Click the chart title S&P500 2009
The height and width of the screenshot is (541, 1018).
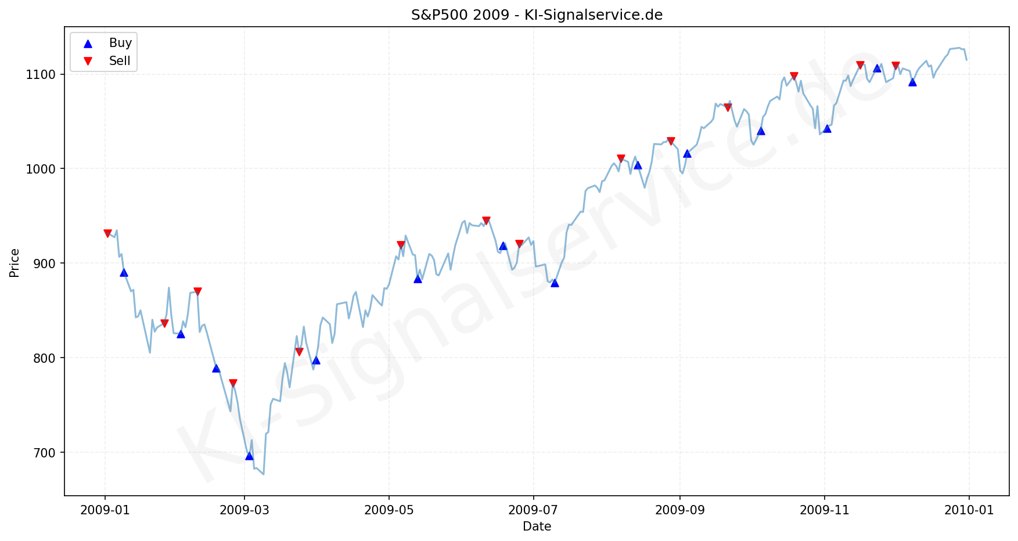pos(537,15)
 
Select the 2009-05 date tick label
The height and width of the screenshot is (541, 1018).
pos(389,510)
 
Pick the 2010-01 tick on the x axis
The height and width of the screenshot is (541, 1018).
pos(969,510)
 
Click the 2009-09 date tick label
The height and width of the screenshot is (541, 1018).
pos(679,510)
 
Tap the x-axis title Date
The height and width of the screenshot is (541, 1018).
pos(537,526)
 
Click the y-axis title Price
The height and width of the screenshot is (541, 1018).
pos(15,263)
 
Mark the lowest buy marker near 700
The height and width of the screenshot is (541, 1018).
pos(249,456)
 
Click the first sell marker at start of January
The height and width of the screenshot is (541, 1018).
pos(107,233)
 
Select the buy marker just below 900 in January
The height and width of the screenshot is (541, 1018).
pos(124,272)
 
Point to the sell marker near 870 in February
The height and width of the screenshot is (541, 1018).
pos(197,291)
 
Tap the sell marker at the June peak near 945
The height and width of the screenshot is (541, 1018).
pos(486,221)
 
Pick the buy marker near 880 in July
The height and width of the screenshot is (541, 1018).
pos(555,283)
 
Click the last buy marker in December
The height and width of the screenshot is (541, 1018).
pos(912,82)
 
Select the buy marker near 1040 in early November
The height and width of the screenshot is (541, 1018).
pos(827,128)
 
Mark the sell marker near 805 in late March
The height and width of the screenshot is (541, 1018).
pos(299,352)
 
